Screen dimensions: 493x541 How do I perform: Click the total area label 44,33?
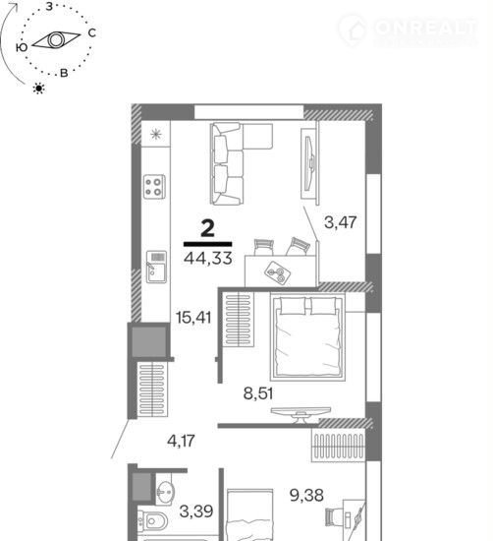[208, 258]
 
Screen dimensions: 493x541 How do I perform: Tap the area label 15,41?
[193, 318]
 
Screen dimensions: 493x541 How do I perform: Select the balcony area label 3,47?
[341, 222]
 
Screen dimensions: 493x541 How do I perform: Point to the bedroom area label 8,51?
[258, 393]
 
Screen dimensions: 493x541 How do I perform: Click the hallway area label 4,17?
[182, 441]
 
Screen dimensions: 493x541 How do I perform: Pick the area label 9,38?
[306, 496]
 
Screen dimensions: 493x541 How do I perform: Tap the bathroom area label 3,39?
[196, 511]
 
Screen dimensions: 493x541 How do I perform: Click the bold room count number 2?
[208, 228]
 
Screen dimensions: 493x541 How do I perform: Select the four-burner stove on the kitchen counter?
[154, 187]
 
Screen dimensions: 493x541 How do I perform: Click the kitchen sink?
[156, 267]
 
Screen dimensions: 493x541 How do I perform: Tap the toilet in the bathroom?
[152, 520]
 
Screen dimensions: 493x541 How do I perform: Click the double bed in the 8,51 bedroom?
[307, 336]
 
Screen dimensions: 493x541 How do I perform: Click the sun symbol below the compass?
[39, 89]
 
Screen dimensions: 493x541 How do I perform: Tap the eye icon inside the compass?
[56, 40]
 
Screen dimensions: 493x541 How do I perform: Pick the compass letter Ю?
[22, 47]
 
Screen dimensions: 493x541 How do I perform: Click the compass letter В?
[64, 73]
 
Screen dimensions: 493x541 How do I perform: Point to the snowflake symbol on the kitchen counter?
[156, 134]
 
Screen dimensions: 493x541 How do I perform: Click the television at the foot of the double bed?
[301, 414]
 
